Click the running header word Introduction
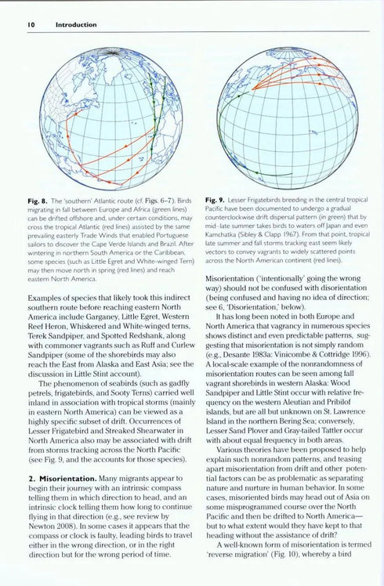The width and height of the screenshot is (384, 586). [75, 24]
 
